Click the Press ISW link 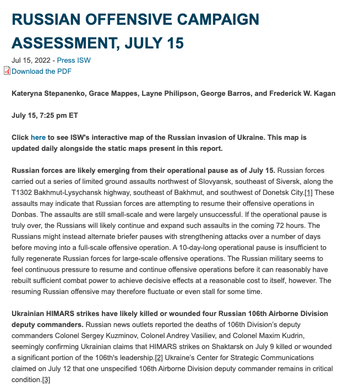[74, 60]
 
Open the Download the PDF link [41, 71]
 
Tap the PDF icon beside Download [7, 70]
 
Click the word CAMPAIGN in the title [212, 20]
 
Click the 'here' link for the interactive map [38, 137]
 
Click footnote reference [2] [159, 358]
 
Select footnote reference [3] [46, 380]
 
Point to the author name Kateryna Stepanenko [47, 94]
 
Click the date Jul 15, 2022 [31, 60]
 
